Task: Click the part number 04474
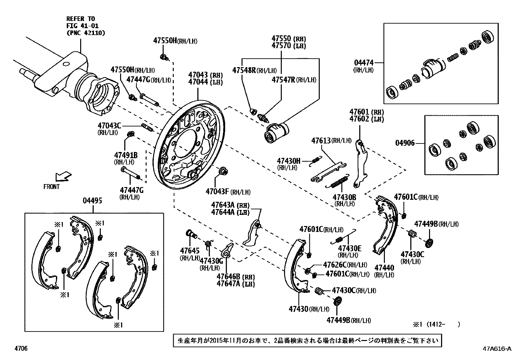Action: point(364,63)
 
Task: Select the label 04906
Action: point(405,143)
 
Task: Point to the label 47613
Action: point(321,141)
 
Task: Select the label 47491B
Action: point(126,155)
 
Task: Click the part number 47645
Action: point(189,251)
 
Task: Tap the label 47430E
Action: point(350,248)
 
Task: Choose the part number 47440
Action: point(384,268)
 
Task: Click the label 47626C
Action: point(334,264)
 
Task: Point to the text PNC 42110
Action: point(86,33)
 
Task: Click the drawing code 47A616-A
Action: point(496,349)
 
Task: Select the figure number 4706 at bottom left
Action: point(21,349)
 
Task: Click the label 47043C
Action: point(109,125)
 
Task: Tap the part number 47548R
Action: point(244,70)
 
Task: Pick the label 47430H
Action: point(288,161)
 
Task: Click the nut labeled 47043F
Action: point(223,171)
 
